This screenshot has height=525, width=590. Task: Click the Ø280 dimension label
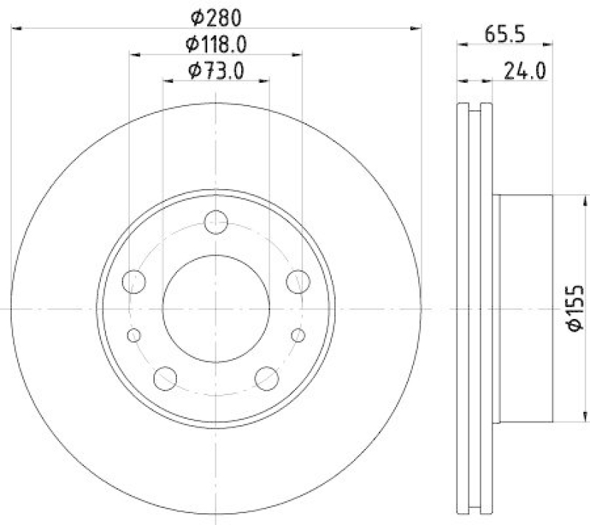click(x=215, y=17)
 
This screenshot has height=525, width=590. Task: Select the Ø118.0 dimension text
click(x=215, y=44)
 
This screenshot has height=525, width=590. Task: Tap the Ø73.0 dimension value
click(x=215, y=71)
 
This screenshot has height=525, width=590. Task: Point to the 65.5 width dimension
click(x=504, y=33)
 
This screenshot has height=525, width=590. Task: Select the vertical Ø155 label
click(x=577, y=308)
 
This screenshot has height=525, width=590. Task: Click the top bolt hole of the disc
click(x=216, y=222)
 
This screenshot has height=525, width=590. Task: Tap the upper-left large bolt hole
click(x=134, y=281)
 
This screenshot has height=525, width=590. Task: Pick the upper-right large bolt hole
click(x=297, y=281)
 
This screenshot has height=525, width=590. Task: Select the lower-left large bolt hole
click(x=165, y=379)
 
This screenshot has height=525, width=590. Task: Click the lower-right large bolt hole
click(x=266, y=379)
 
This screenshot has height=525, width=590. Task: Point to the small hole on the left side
click(x=133, y=335)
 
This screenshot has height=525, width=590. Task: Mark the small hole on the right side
click(x=298, y=335)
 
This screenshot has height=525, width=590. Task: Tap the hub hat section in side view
click(x=525, y=308)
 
